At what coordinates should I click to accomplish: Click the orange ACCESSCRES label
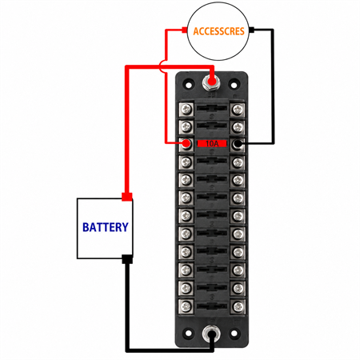(218, 31)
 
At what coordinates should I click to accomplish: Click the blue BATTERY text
(106, 227)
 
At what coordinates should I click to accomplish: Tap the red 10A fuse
(212, 143)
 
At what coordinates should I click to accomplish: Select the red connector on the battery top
(127, 197)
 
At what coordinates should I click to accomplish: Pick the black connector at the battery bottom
(127, 259)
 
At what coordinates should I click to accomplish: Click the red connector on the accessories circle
(184, 30)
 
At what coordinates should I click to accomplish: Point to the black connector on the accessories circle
(251, 30)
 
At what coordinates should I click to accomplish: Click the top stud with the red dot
(210, 82)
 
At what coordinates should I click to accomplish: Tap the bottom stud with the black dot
(211, 334)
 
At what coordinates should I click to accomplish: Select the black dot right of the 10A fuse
(237, 144)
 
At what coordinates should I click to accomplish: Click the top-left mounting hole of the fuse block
(189, 85)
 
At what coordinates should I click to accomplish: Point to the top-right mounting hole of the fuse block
(234, 85)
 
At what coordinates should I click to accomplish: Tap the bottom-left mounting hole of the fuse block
(188, 333)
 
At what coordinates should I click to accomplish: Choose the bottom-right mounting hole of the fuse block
(234, 333)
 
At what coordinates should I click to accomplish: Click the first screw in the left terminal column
(186, 109)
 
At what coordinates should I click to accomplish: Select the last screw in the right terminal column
(238, 306)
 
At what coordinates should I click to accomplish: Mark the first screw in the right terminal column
(238, 109)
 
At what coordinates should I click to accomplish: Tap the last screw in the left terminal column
(186, 306)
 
